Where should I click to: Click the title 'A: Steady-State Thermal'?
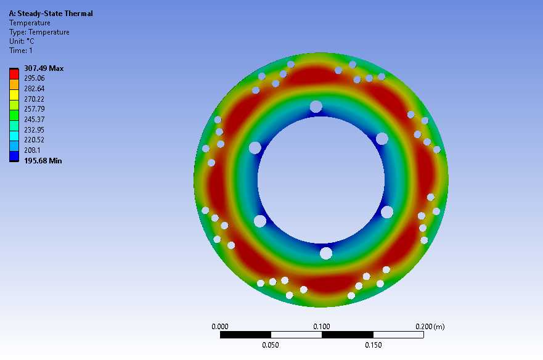coord(51,14)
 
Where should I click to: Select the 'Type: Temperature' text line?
coord(39,32)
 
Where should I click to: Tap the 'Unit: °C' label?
coord(22,41)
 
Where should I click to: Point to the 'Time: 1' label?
coord(21,51)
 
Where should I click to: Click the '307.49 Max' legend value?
coord(44,68)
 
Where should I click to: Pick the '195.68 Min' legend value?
coord(43,161)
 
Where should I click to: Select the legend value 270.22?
coord(35,99)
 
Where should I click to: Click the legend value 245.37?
coord(35,120)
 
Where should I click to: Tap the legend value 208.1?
coord(32,150)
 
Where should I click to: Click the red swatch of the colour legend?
coord(14,74)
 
